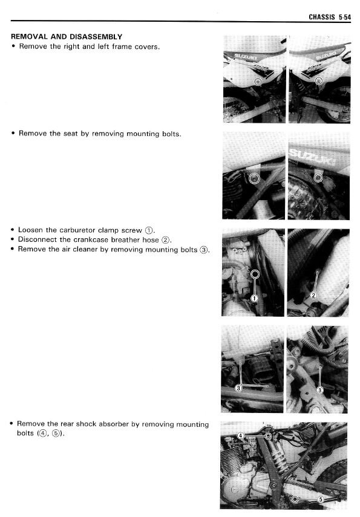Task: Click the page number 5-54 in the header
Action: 345,17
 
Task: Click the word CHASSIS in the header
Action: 322,17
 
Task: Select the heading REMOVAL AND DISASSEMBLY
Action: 67,37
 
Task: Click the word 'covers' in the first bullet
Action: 146,47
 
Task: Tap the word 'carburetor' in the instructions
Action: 77,230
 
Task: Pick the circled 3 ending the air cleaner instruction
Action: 204,250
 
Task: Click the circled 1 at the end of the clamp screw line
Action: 149,230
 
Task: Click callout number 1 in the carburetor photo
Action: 254,298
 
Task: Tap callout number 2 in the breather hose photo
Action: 313,295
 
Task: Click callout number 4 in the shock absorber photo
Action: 241,436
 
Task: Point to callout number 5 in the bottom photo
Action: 320,499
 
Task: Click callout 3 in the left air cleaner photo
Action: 238,388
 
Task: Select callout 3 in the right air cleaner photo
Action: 319,391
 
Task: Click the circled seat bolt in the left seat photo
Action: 254,178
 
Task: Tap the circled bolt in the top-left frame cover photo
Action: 258,81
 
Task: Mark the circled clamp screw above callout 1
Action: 255,274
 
